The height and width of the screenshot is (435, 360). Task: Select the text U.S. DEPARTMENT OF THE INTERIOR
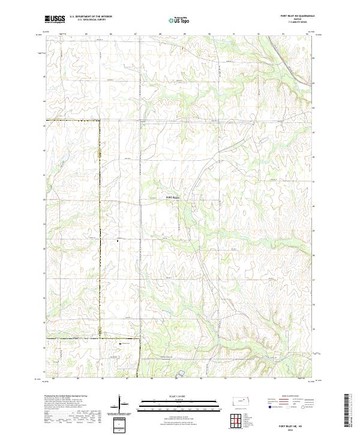(91, 17)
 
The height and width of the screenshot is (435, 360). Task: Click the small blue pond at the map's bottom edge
(181, 374)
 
